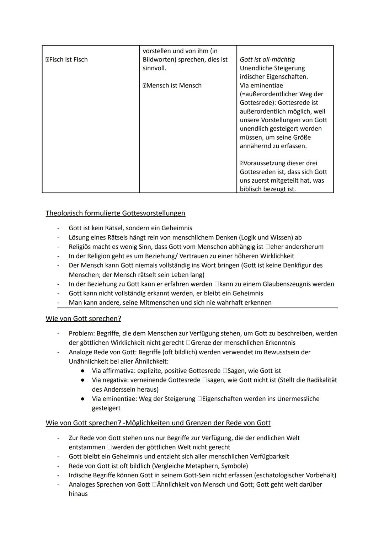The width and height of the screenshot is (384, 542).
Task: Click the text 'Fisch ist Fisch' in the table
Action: pos(68,59)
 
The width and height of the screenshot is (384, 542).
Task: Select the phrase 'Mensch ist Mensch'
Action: pos(174,85)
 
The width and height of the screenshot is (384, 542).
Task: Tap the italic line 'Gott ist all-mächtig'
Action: pos(267,59)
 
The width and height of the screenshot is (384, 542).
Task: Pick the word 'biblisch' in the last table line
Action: pos(251,189)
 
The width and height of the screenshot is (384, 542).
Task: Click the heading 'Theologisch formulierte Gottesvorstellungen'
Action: pos(115,213)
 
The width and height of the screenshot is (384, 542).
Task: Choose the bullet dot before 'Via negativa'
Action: pos(82,380)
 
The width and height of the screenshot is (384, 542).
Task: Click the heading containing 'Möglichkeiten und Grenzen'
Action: pos(158,423)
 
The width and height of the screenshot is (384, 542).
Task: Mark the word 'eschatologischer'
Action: pos(281,475)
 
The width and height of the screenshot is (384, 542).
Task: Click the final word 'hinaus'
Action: pos(78,494)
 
